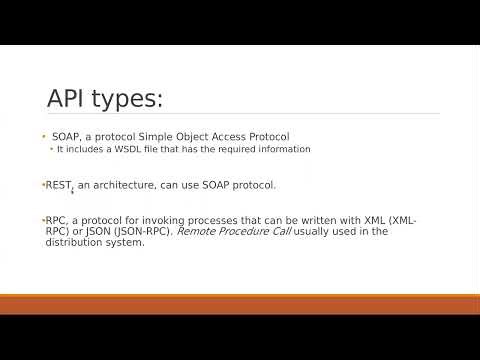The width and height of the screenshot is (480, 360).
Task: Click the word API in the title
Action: pyautogui.click(x=71, y=99)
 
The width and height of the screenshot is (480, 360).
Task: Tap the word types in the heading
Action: pyautogui.click(x=129, y=101)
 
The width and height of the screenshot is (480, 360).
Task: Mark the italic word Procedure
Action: pyautogui.click(x=248, y=231)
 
